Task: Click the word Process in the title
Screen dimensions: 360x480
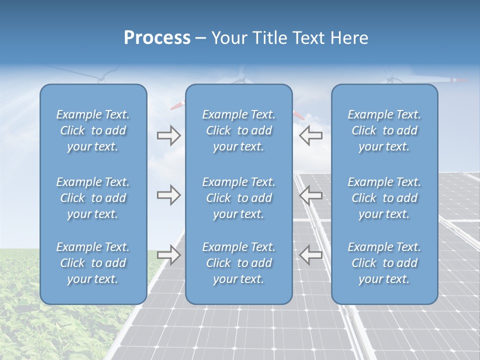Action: tap(157, 38)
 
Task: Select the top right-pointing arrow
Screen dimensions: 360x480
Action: tap(168, 135)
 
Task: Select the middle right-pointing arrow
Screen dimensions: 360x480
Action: tap(168, 195)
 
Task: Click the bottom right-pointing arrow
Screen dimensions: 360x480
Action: tap(168, 254)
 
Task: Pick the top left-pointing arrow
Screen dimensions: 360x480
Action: tap(310, 135)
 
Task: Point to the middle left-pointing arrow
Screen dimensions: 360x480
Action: tap(310, 195)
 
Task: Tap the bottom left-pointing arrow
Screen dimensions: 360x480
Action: tap(310, 254)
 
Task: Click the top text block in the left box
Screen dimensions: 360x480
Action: tap(93, 130)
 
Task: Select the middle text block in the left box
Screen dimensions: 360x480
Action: tap(93, 198)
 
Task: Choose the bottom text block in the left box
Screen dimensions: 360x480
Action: tap(93, 263)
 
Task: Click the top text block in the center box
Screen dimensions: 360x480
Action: tap(238, 130)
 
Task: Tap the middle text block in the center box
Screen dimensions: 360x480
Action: tap(238, 198)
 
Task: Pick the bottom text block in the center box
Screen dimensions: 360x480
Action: tap(238, 263)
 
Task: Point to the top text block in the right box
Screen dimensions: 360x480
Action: tap(384, 130)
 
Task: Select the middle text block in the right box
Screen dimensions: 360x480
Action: tap(384, 198)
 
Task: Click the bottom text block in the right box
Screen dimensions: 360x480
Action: tap(384, 263)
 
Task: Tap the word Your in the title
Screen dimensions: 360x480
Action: tap(228, 38)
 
